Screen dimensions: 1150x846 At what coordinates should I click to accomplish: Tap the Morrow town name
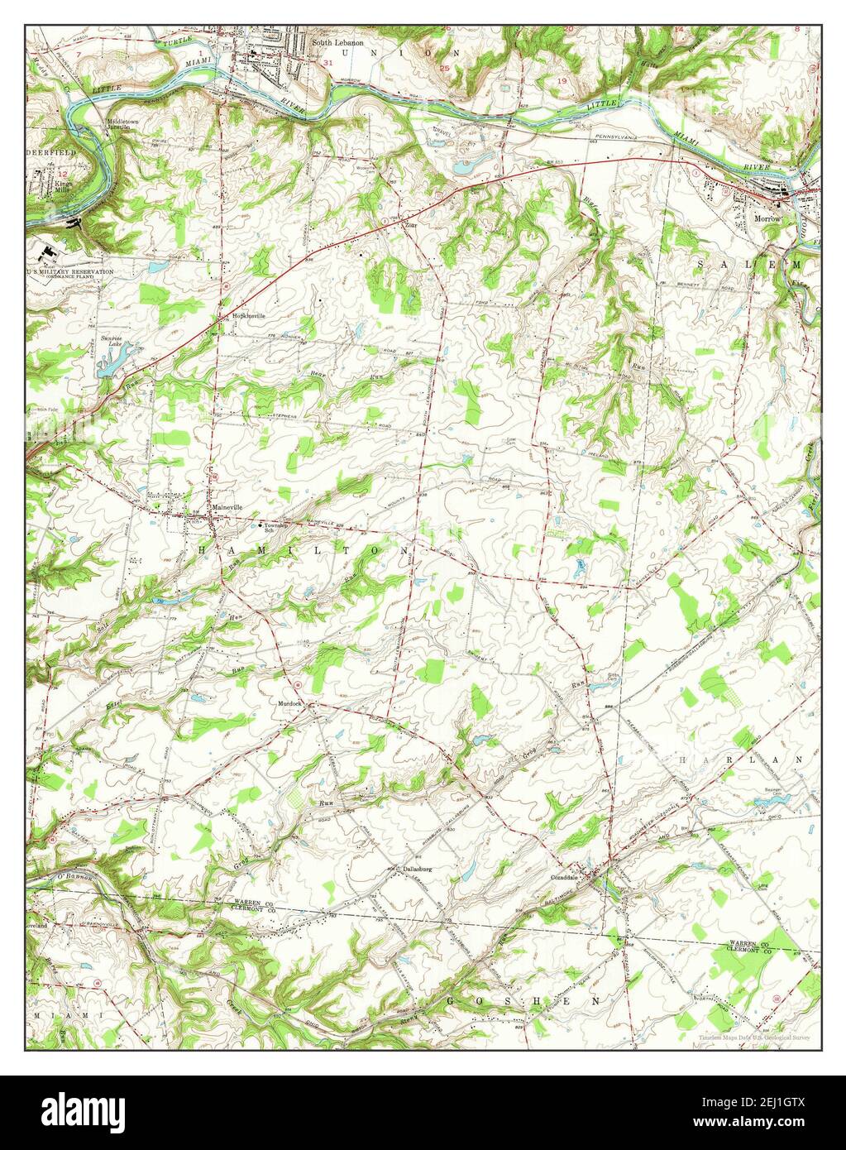coord(767,219)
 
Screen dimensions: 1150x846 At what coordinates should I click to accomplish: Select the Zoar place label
coord(409,224)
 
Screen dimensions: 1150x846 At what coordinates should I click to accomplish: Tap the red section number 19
coord(562,81)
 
